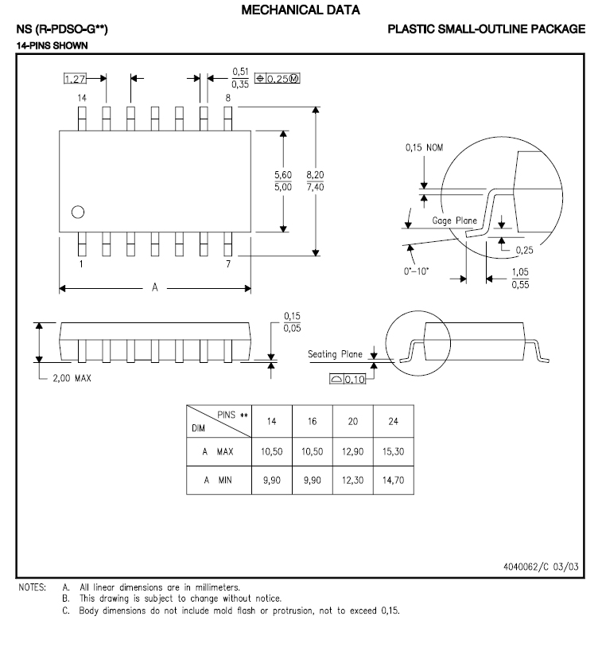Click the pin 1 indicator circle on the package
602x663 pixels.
[77, 212]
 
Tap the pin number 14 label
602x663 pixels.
[81, 97]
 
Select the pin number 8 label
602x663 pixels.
[227, 97]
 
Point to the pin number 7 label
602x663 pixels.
[227, 264]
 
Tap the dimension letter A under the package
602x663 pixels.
[156, 288]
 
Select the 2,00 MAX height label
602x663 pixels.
[72, 378]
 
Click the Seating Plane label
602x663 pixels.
[335, 354]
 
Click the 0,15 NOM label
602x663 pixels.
[424, 147]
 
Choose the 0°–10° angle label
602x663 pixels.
[417, 271]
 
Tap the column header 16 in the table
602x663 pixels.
[312, 421]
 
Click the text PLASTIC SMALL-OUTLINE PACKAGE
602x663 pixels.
[487, 29]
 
